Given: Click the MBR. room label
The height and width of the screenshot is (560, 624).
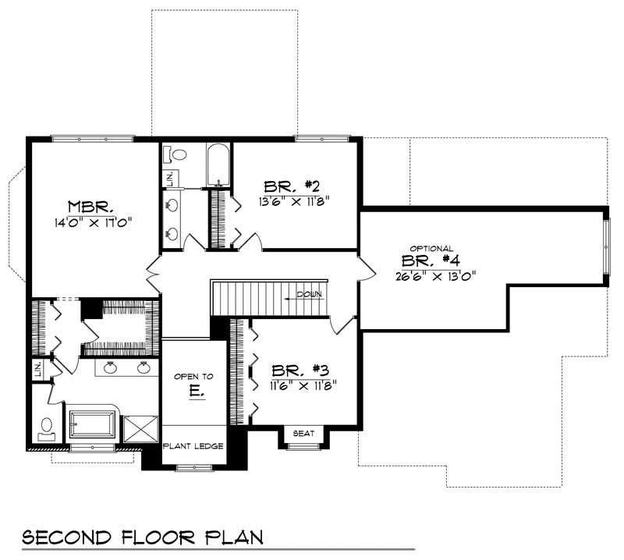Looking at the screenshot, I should coord(91,207).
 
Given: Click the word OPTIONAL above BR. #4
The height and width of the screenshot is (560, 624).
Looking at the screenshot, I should coord(431,248).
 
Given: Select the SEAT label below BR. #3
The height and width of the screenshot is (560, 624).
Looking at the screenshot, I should coord(303,434).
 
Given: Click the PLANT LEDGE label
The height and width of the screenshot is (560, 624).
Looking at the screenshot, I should coord(193,446).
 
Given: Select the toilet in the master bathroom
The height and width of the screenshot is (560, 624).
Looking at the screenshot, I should coord(46,427).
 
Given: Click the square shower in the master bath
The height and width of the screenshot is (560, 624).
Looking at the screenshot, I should coord(140,428).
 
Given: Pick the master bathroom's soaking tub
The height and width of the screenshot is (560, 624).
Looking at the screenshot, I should coord(92,426).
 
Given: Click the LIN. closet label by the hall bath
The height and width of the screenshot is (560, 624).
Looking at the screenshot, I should coord(168,177).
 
